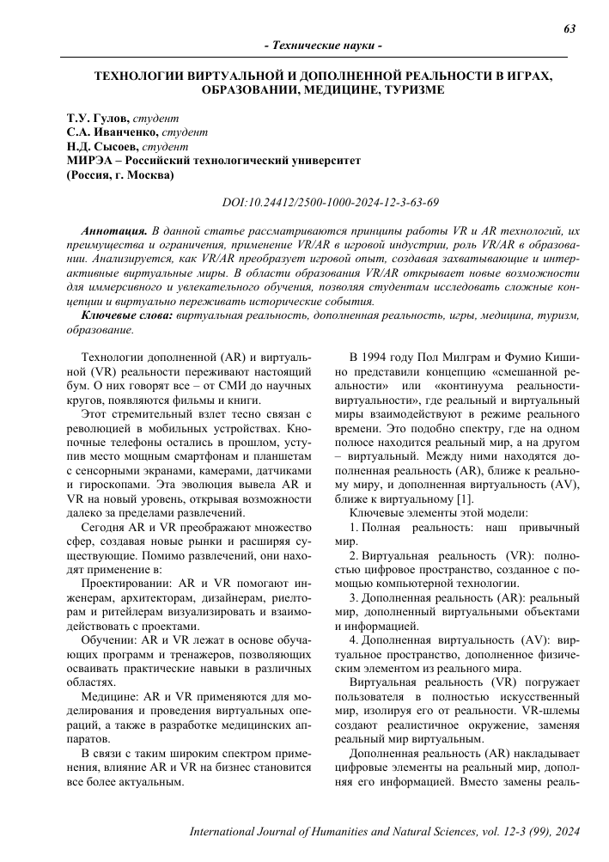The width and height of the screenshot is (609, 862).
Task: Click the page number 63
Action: click(x=569, y=28)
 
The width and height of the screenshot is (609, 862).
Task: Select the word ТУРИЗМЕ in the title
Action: click(x=408, y=89)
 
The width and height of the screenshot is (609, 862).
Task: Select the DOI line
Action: click(x=319, y=203)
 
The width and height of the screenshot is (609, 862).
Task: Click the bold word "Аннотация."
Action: click(x=113, y=232)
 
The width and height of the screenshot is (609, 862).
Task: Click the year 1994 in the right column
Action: click(x=387, y=356)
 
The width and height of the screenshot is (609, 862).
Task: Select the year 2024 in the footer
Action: click(x=565, y=834)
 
